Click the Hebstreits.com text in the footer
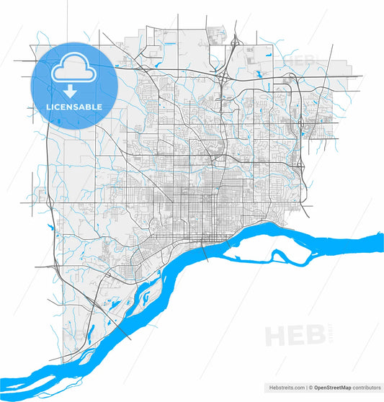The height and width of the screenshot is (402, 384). click(x=286, y=387)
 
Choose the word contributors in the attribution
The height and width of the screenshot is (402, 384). click(x=367, y=387)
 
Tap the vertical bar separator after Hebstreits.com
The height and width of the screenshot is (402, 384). click(x=307, y=387)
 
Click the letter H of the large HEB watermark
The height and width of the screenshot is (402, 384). click(x=276, y=336)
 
